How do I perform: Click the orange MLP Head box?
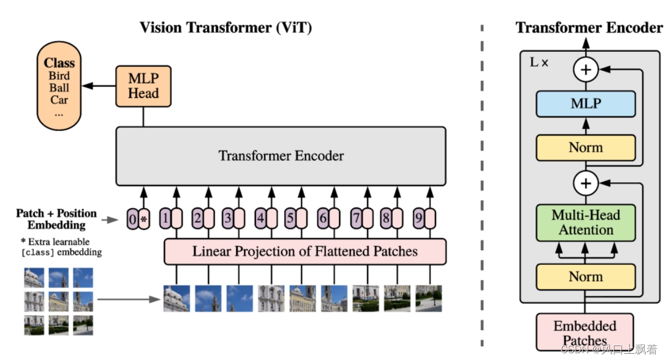(143, 87)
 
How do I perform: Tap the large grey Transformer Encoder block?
(281, 156)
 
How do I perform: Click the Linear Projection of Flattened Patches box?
(305, 251)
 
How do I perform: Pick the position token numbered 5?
(290, 218)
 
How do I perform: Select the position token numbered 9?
(418, 218)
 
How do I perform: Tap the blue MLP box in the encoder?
(586, 104)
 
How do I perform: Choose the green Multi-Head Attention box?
(586, 222)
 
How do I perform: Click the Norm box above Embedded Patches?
(586, 277)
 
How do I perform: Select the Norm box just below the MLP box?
(586, 147)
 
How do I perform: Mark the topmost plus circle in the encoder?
(586, 70)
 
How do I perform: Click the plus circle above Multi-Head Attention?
(586, 183)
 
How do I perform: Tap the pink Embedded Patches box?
(585, 333)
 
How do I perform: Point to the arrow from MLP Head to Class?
(99, 86)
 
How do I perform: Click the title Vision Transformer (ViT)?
(226, 27)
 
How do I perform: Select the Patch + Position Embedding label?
(56, 219)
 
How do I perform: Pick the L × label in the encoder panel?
(539, 62)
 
